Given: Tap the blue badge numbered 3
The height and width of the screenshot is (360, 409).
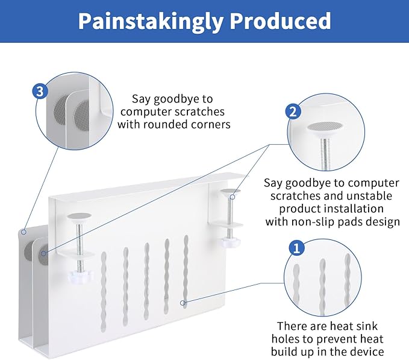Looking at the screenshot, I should tap(40, 92).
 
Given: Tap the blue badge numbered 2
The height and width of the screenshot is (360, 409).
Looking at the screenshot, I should tap(293, 111).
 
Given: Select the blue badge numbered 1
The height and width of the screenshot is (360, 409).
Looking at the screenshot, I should tap(296, 247).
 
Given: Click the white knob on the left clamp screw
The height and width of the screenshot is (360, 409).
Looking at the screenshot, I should tap(79, 277).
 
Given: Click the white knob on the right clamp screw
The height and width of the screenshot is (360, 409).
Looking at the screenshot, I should tap(229, 242).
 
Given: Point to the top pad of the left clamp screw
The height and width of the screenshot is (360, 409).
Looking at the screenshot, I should tap(78, 216).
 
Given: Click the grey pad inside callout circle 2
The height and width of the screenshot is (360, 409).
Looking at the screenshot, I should tap(324, 127).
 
